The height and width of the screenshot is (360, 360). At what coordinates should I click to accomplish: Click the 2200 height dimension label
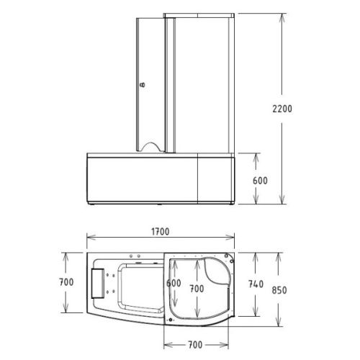282,109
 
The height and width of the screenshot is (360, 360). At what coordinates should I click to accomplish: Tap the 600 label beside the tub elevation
260,181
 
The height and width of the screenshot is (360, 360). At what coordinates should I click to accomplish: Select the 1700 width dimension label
161,232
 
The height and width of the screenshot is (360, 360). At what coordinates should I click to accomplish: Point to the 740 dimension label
256,284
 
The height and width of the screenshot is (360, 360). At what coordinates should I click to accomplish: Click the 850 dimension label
279,290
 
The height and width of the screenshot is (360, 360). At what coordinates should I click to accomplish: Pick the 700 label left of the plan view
66,282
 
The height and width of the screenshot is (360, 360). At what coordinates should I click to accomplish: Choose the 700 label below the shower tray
195,345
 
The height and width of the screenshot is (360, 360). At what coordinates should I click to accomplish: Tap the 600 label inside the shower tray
174,283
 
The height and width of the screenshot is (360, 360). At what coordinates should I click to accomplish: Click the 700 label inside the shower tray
197,289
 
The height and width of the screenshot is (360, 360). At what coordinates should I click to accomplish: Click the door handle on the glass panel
143,85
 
